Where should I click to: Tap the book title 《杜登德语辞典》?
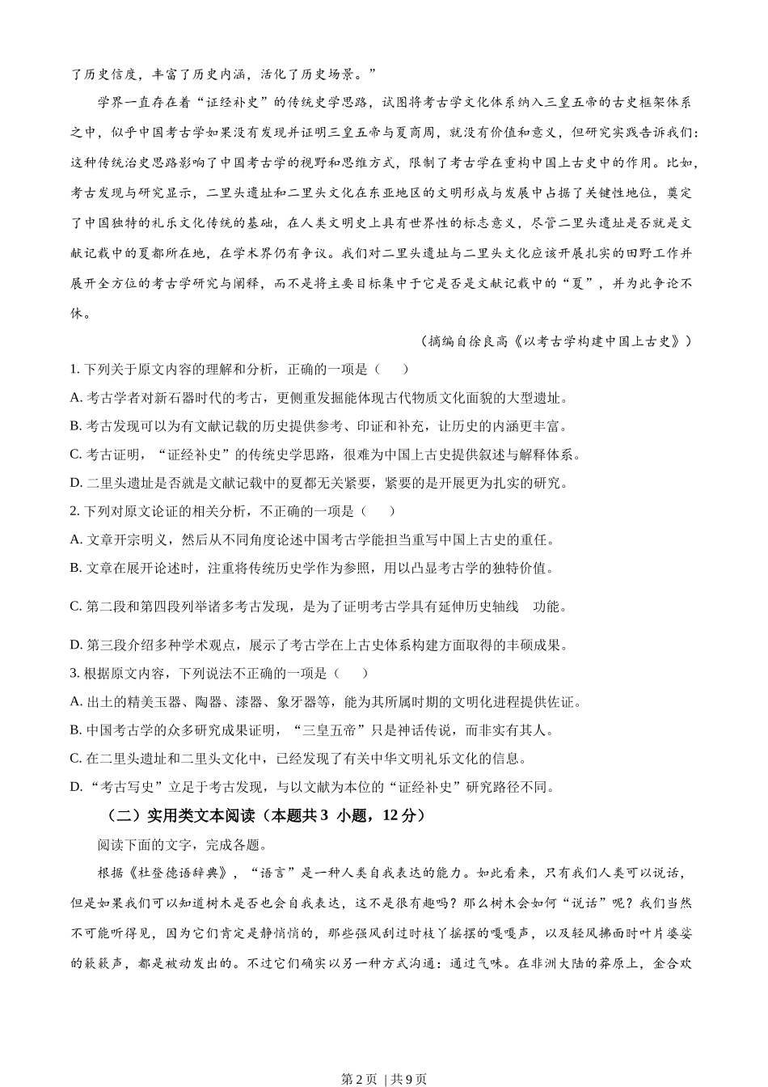[x=183, y=873]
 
